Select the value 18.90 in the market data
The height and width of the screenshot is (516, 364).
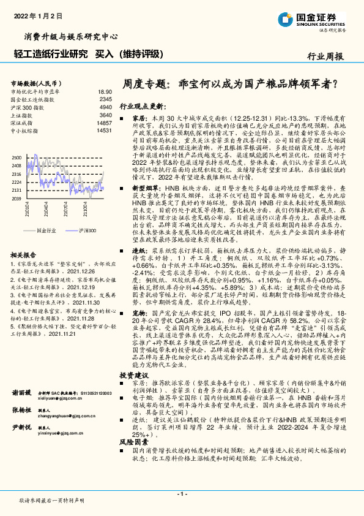coord(105,90)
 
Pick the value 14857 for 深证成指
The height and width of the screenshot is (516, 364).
coord(104,123)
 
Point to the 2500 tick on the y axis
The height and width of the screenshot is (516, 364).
coord(17,158)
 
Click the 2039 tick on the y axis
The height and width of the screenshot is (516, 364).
coord(17,199)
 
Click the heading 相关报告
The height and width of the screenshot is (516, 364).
coord(25,237)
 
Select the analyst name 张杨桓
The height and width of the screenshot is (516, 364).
coord(21,410)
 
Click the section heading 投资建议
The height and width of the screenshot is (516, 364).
coord(134,374)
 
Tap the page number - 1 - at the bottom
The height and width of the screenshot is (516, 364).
coord(182,493)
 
